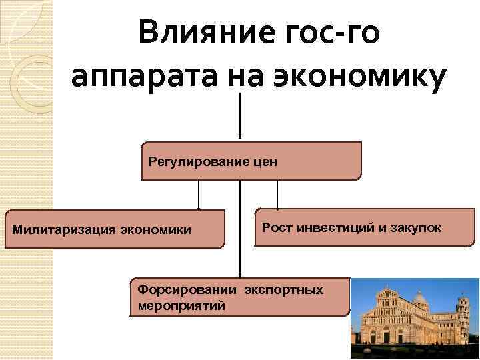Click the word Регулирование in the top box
click(193, 161)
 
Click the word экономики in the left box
click(155, 230)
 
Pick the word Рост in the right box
click(274, 227)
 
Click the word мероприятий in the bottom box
click(181, 306)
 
